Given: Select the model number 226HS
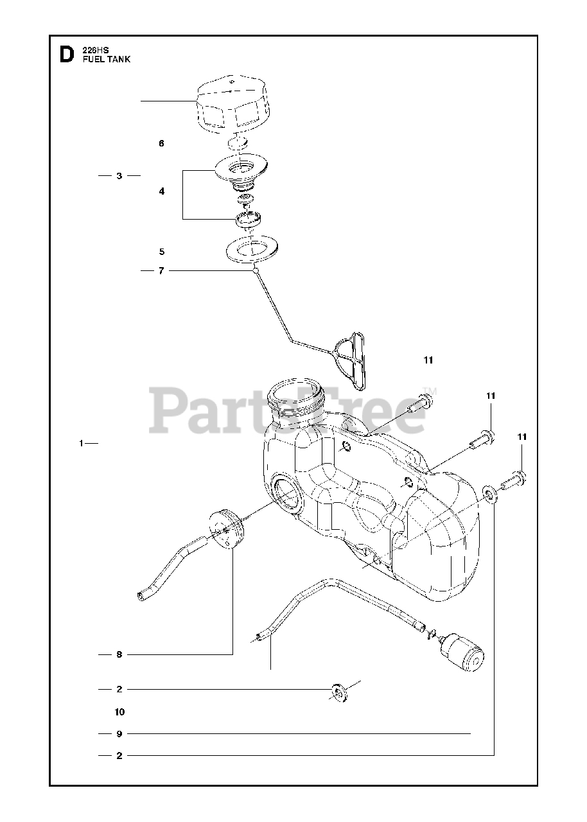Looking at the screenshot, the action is coord(96,50).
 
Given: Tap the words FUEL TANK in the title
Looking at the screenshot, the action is coord(107,59).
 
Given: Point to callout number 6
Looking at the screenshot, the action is coord(161,143).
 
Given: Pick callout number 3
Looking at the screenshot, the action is coord(119,175).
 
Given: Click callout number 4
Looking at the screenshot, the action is coord(161,191).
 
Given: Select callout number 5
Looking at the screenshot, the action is coord(161,251).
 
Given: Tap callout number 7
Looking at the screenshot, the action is coord(161,271).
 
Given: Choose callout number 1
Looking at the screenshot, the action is coord(82,443).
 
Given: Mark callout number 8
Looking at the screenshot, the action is coord(119,654).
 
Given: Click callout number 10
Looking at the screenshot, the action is coord(119,712).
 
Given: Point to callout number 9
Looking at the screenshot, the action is coord(119,733).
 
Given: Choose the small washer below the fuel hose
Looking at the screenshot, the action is coord(338,693).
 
